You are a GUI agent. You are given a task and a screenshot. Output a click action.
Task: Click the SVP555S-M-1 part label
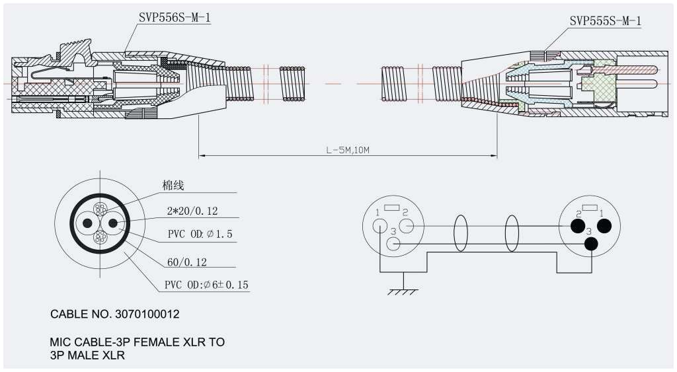point(605,21)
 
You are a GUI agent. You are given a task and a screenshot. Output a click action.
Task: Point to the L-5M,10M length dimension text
point(347,150)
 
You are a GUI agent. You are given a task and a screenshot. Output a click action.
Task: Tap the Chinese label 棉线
point(173,186)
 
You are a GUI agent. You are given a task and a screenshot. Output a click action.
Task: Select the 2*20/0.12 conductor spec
point(192,211)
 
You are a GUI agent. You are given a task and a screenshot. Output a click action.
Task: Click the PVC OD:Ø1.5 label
point(199,235)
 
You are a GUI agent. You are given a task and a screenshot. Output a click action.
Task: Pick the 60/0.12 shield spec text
point(187,262)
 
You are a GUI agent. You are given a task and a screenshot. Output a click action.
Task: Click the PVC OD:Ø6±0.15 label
point(206,285)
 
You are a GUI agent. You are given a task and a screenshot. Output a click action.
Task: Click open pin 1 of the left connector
point(379,225)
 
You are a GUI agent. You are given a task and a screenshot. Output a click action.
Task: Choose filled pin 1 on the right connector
point(603,226)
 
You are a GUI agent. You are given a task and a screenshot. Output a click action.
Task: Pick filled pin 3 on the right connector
point(590,244)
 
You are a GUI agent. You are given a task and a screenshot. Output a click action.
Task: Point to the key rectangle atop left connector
point(392,208)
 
